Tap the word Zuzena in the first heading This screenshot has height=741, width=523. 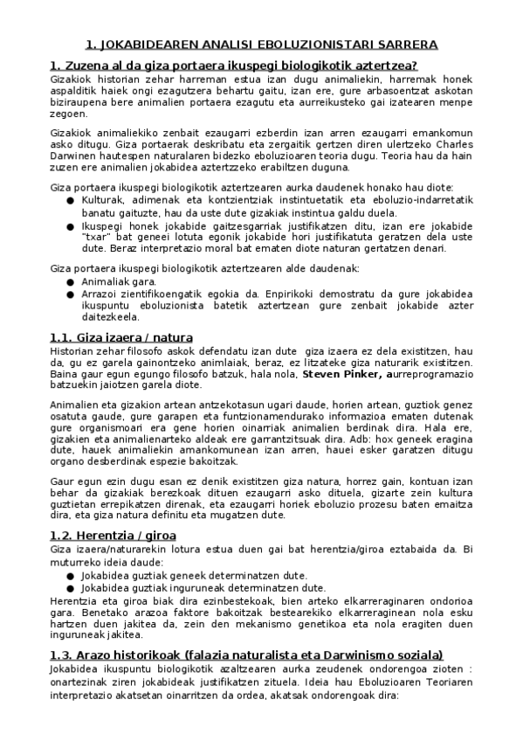click(x=86, y=66)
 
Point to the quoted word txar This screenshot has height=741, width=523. click(x=95, y=236)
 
